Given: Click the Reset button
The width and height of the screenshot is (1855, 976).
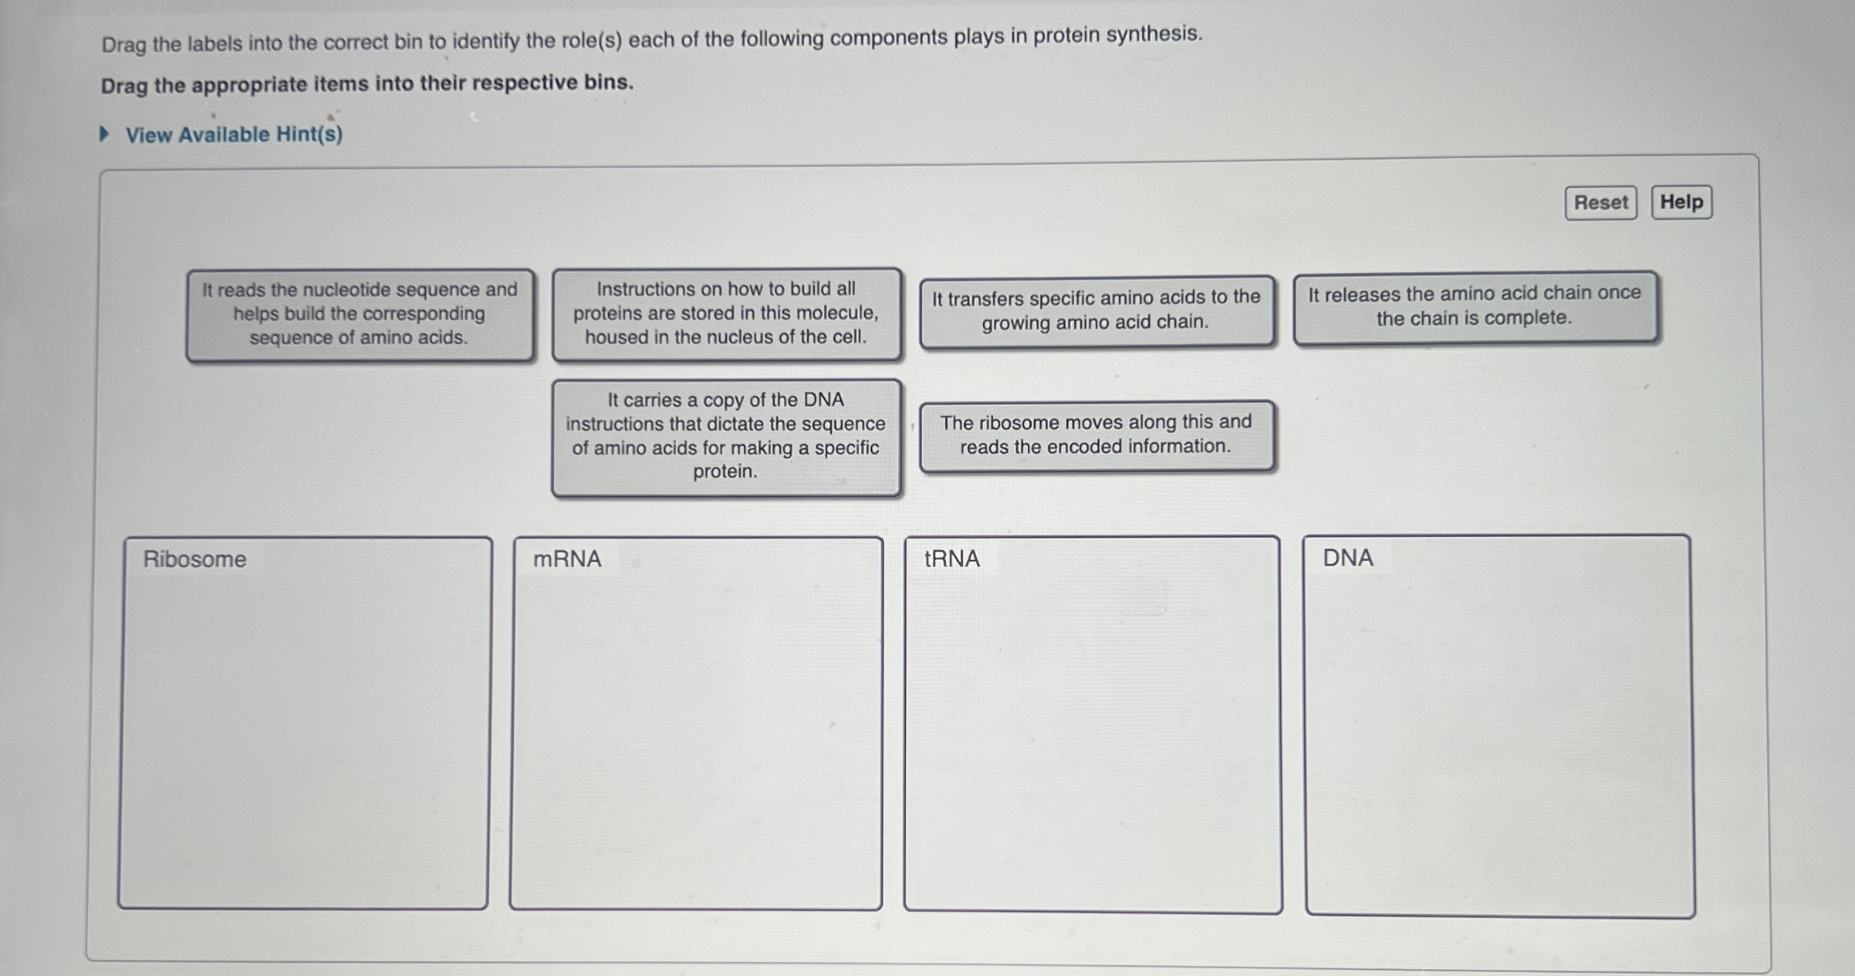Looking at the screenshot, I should [1600, 203].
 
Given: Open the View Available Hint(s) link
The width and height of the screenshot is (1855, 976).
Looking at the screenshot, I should [234, 135].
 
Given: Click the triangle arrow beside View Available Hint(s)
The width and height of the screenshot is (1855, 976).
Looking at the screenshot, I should [105, 135].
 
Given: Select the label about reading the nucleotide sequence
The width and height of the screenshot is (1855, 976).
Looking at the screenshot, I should [360, 314].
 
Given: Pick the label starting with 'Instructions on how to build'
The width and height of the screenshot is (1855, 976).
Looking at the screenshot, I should [725, 313].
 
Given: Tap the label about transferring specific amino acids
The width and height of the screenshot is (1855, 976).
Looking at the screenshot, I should [1096, 310].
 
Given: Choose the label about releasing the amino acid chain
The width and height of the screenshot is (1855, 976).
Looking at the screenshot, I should [1474, 306].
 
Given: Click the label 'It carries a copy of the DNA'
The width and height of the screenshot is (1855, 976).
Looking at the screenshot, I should [725, 436].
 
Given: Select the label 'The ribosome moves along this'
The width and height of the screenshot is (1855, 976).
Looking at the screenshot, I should [1096, 434].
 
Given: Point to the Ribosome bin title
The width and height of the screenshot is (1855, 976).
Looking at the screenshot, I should [194, 559].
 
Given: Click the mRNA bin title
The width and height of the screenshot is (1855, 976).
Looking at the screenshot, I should [567, 559].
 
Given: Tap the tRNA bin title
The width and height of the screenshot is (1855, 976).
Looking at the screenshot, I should [952, 559].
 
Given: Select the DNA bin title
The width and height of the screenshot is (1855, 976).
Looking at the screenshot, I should [1348, 558].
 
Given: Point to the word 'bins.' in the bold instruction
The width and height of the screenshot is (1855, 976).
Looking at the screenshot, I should [608, 82].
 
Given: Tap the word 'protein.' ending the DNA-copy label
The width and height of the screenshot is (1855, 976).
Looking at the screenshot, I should [725, 471].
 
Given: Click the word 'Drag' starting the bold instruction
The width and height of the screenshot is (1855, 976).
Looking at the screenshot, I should [123, 86].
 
